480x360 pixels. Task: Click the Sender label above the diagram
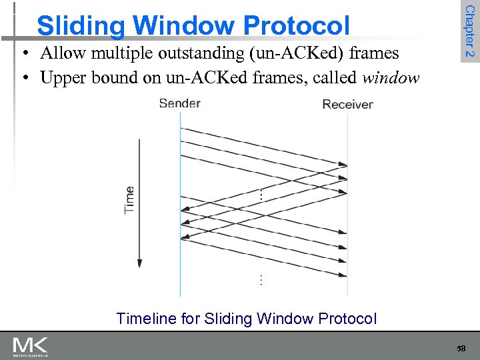tap(179, 103)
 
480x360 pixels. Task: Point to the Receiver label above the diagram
tap(347, 104)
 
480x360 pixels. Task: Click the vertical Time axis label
tap(129, 199)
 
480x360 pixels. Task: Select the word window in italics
tap(391, 78)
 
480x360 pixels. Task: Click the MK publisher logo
tap(30, 345)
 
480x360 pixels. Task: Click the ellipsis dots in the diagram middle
tap(261, 195)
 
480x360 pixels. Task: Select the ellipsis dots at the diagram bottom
tap(261, 279)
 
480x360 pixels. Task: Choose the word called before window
tap(337, 78)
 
